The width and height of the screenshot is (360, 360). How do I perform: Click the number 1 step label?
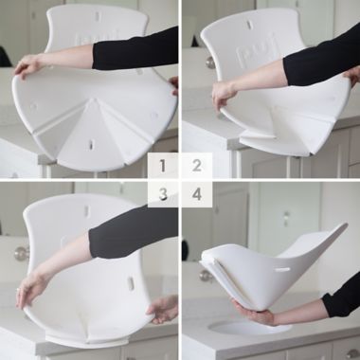[x=163, y=166]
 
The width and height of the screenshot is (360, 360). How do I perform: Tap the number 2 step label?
[x=197, y=166]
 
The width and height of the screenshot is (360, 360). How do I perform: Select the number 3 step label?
[x=163, y=193]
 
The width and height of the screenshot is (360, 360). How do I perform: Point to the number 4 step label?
[x=197, y=193]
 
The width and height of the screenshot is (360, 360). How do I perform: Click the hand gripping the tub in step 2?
[x=224, y=93]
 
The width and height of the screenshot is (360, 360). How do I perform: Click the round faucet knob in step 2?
[x=210, y=62]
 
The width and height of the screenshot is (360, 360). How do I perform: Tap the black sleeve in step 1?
[x=137, y=49]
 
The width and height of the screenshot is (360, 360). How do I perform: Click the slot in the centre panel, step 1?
[x=92, y=145]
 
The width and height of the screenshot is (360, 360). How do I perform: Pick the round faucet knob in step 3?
[x=21, y=253]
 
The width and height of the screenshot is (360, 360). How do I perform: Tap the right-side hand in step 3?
[x=163, y=308]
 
